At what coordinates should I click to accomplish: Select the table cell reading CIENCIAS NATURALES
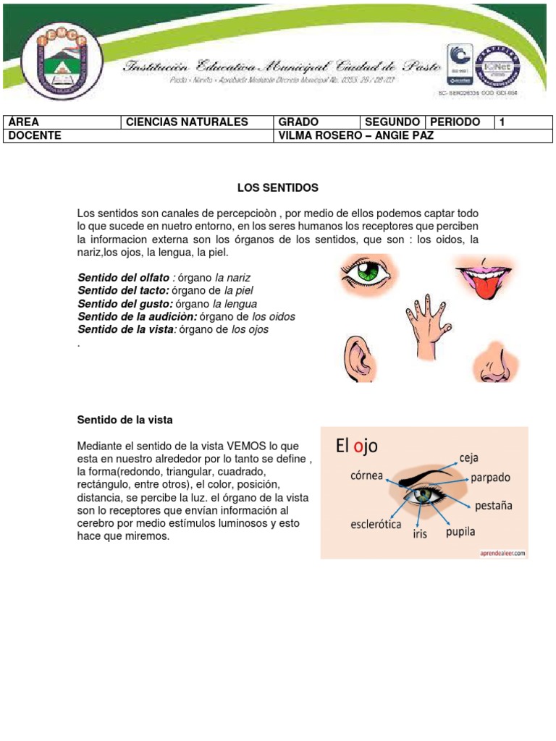click(187, 122)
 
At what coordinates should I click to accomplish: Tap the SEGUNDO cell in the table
click(392, 122)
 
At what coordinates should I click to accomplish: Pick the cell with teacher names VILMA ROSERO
click(355, 135)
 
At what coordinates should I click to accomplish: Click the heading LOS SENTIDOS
click(278, 188)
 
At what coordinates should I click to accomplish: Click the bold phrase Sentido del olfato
click(124, 278)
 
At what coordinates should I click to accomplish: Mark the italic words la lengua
click(235, 304)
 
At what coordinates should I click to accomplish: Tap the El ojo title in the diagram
click(356, 446)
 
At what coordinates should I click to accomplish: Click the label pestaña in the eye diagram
click(493, 505)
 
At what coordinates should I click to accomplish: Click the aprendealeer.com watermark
click(500, 553)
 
